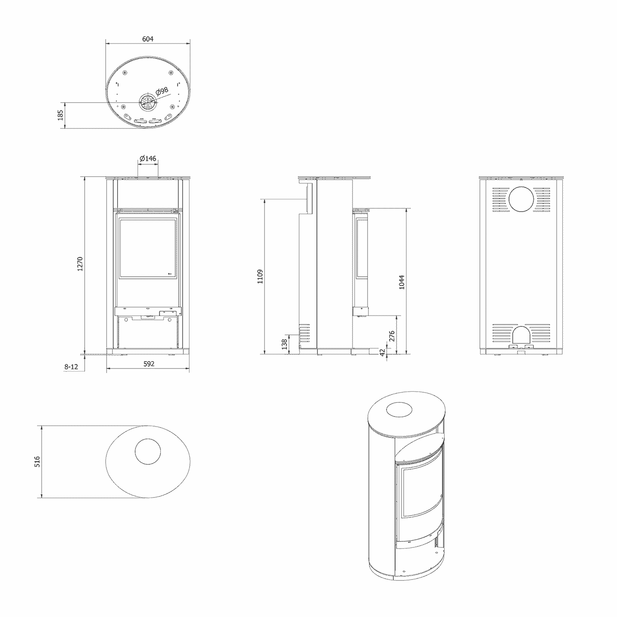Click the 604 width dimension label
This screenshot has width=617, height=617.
tap(148, 39)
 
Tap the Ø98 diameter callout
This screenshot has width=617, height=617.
tap(162, 91)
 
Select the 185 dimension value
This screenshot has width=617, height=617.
tap(60, 115)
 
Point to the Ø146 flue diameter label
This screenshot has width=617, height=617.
tap(148, 158)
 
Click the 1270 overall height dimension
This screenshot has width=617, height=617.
tap(80, 264)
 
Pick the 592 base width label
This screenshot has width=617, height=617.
tap(149, 364)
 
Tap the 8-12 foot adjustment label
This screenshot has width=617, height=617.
tap(71, 367)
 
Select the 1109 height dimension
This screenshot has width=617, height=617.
tap(260, 276)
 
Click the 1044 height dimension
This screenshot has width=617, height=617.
tap(402, 282)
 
